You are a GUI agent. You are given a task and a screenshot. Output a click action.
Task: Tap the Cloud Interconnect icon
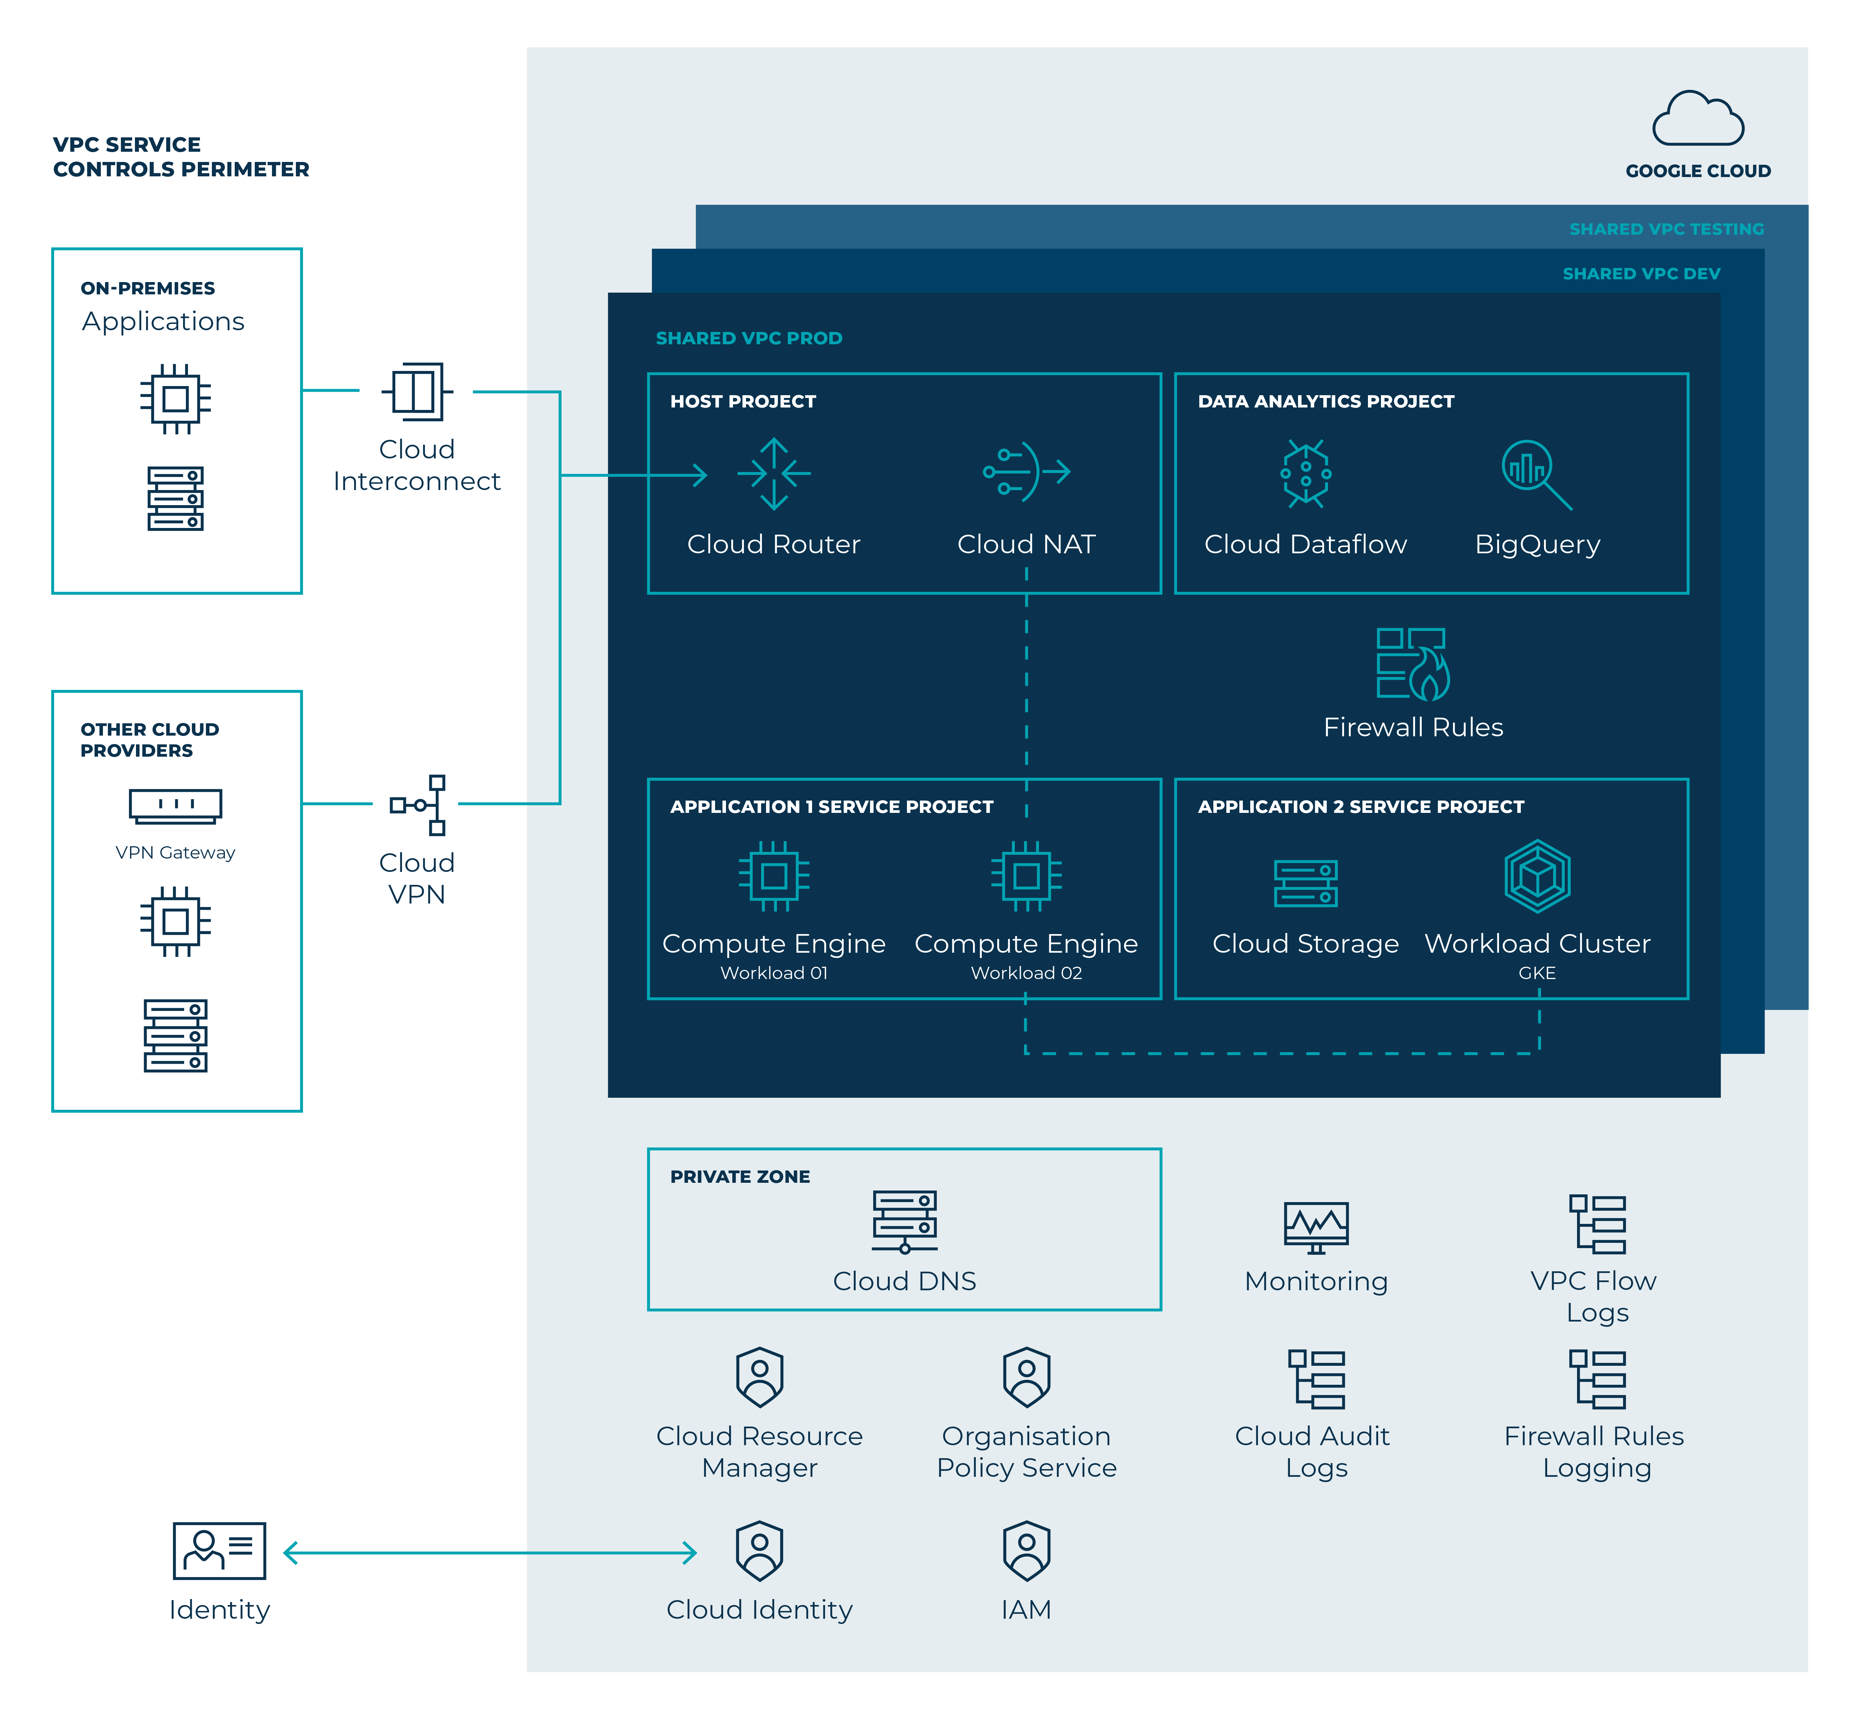click(417, 391)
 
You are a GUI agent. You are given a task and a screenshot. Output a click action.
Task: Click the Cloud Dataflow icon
click(1306, 474)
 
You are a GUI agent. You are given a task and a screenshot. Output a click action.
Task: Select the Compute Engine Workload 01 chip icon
click(773, 876)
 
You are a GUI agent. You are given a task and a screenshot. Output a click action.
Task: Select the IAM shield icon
click(1026, 1552)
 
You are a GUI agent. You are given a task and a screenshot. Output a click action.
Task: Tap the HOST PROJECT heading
click(743, 402)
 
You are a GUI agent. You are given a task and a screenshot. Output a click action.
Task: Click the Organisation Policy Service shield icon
click(1026, 1377)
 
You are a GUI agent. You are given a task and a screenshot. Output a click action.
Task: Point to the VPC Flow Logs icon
click(1596, 1225)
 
